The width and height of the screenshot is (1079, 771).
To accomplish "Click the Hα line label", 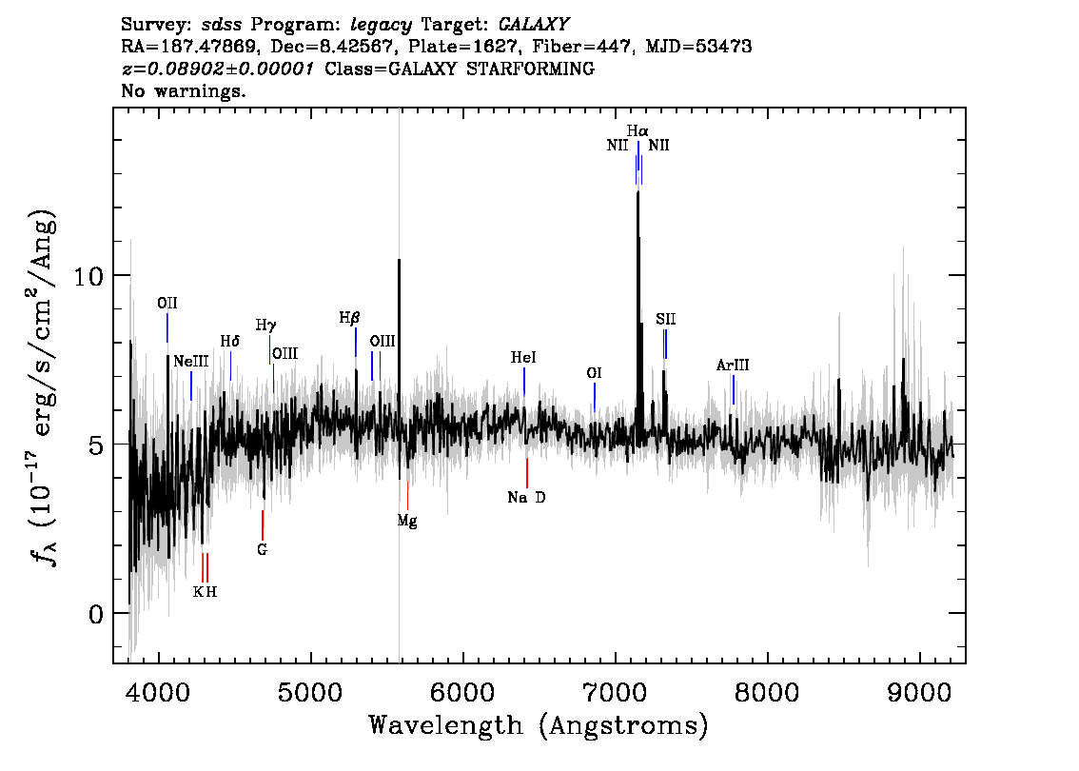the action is [x=638, y=130].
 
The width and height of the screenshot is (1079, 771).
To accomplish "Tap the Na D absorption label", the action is [x=526, y=497].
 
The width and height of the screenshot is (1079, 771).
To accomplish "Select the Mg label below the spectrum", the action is [x=406, y=521].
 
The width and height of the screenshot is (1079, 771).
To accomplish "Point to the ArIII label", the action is [x=733, y=365].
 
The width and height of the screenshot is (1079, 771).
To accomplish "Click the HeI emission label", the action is [x=523, y=357].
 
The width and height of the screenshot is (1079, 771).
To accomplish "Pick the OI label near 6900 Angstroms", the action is [x=594, y=373].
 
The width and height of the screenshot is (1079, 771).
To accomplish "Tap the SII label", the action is [x=665, y=319].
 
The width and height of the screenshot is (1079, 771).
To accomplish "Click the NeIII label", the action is [x=190, y=362].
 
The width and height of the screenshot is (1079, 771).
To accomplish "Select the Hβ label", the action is [x=349, y=318].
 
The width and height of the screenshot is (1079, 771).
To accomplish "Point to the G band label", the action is [x=262, y=549].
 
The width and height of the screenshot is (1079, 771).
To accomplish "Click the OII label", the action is [x=167, y=303].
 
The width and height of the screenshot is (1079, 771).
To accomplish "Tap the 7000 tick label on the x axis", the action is [x=615, y=693].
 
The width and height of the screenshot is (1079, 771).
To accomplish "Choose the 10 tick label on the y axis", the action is [x=88, y=276].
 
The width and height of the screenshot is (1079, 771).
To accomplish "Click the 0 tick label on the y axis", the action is [x=96, y=614].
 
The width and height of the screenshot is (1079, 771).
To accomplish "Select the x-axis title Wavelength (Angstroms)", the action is [x=539, y=725].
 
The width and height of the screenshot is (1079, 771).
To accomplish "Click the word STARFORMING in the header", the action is [x=531, y=69].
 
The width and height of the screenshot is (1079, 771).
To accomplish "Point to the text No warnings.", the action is [x=183, y=90].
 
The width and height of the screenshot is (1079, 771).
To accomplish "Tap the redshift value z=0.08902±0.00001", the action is [x=218, y=69].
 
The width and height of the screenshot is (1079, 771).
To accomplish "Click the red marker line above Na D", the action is [x=527, y=473].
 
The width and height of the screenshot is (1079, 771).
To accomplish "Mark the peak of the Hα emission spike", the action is [x=638, y=192].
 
